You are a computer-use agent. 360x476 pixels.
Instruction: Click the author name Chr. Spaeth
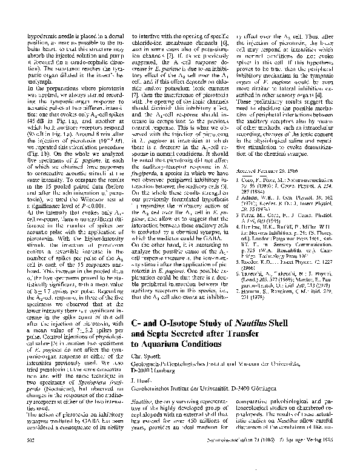147,355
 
